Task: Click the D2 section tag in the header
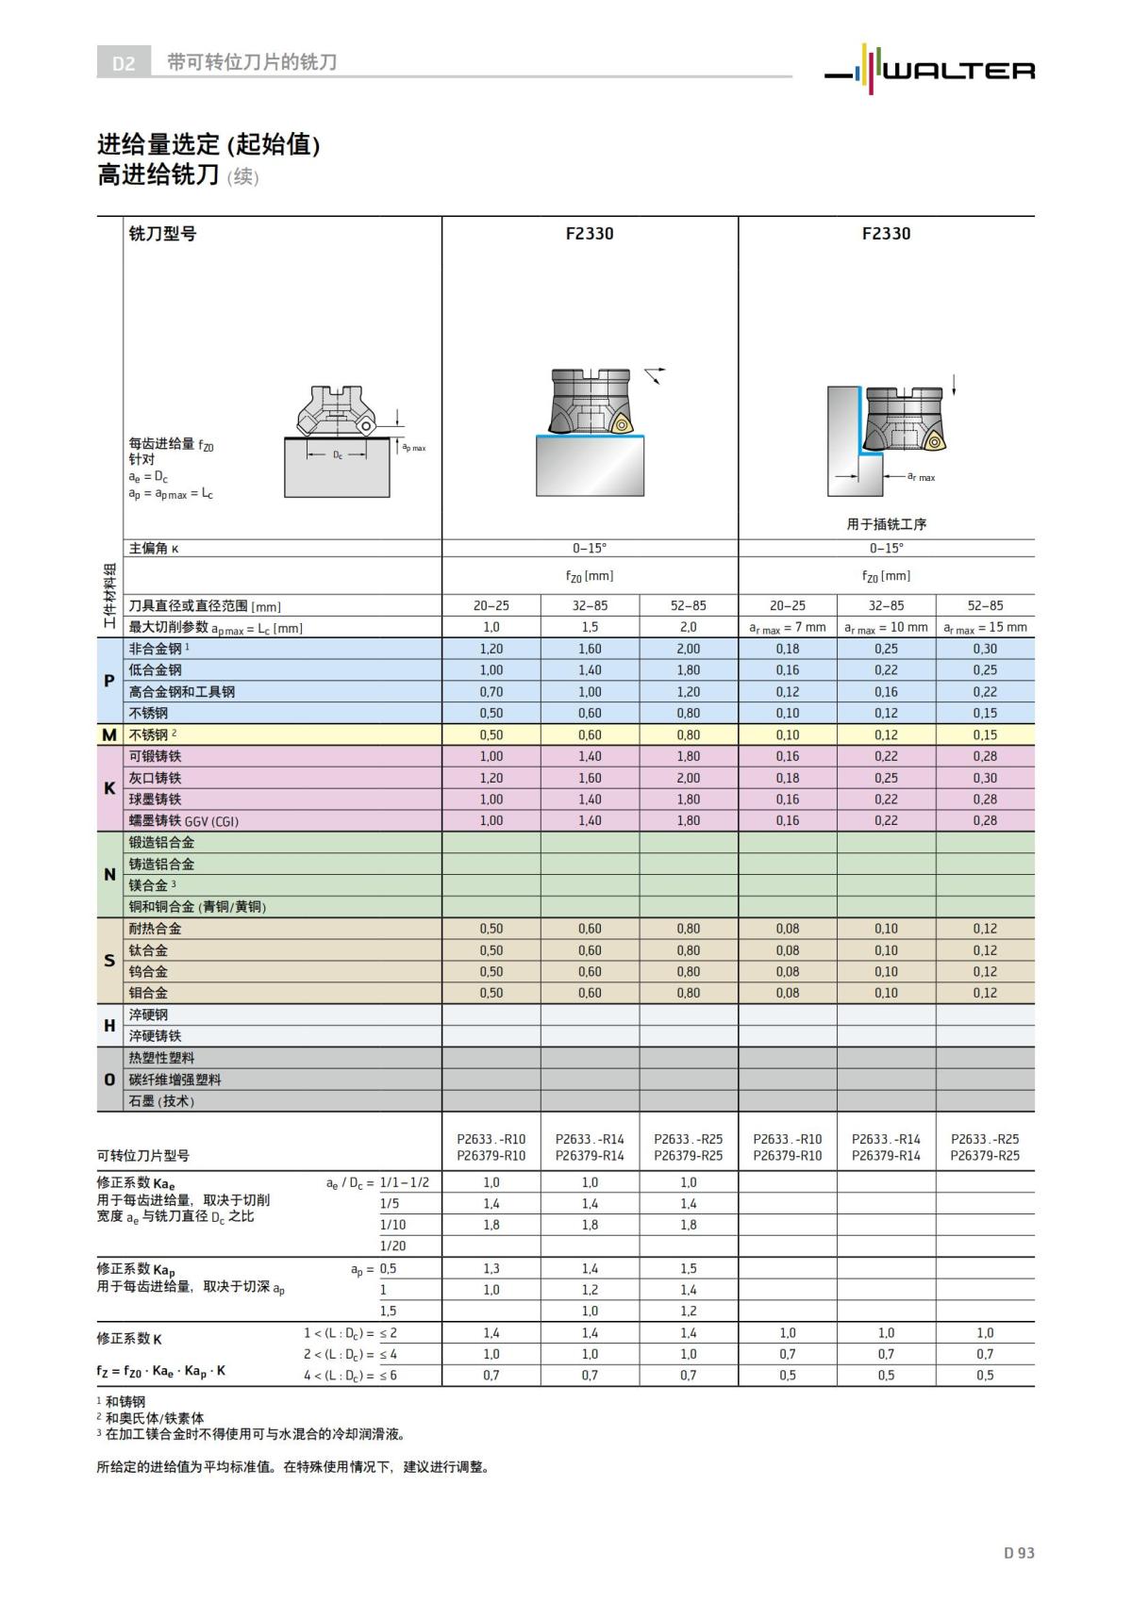(x=124, y=63)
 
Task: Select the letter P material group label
(x=109, y=681)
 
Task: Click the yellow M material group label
(x=109, y=734)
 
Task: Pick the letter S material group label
(x=109, y=961)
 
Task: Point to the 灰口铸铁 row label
(x=156, y=778)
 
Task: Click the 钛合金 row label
(x=149, y=950)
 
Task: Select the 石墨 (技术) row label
(x=161, y=1101)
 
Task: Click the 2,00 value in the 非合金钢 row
(x=689, y=649)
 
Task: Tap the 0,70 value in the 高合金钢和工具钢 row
(x=491, y=692)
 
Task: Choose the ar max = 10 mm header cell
(x=886, y=627)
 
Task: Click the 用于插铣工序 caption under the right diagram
(x=886, y=524)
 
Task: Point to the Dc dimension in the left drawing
(x=338, y=455)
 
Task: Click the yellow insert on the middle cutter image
(x=622, y=424)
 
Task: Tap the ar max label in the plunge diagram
(x=921, y=477)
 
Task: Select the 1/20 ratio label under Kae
(x=393, y=1246)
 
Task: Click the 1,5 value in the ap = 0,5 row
(x=689, y=1269)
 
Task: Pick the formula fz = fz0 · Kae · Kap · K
(x=161, y=1371)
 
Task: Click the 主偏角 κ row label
(x=154, y=549)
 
